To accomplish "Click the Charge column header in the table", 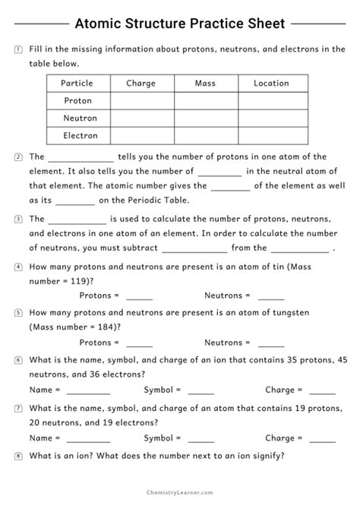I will click(141, 84).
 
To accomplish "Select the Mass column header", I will click(205, 84).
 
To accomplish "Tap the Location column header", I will click(272, 84).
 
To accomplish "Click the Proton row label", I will click(78, 101).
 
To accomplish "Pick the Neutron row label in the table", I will click(78, 119).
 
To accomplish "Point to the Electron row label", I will click(78, 136).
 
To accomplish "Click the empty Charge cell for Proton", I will click(141, 101).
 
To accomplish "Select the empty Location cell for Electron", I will click(272, 136).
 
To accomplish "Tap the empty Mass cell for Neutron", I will click(205, 119).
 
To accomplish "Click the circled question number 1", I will click(17, 49).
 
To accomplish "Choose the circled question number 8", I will click(17, 457).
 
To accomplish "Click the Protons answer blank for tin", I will click(139, 297).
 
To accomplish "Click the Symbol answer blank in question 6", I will click(201, 391).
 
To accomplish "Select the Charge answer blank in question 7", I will click(322, 439).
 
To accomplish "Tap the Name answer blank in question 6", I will click(88, 391).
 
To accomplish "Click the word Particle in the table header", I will click(78, 84).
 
